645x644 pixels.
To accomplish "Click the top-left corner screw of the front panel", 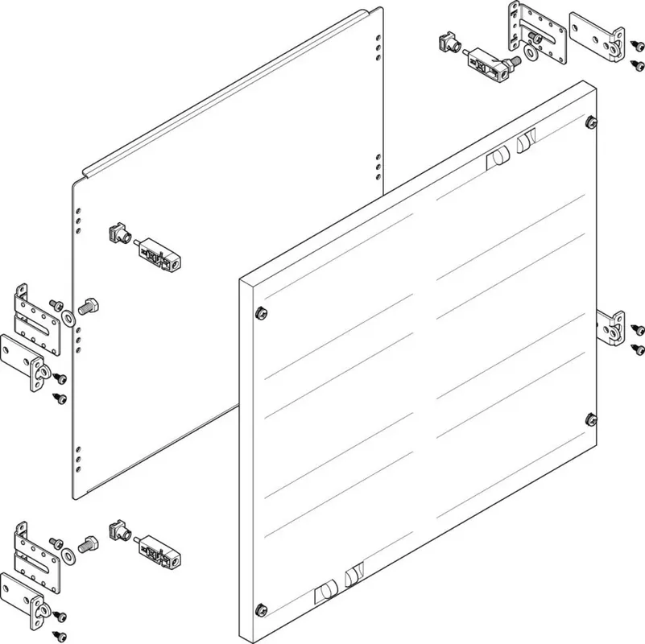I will tap(258, 312).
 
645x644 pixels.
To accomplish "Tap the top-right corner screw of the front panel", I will tap(592, 122).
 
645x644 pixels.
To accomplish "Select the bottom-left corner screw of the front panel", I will tap(259, 606).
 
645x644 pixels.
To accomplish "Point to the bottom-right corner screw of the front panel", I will tap(591, 418).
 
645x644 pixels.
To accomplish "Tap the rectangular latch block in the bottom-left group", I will tap(161, 552).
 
